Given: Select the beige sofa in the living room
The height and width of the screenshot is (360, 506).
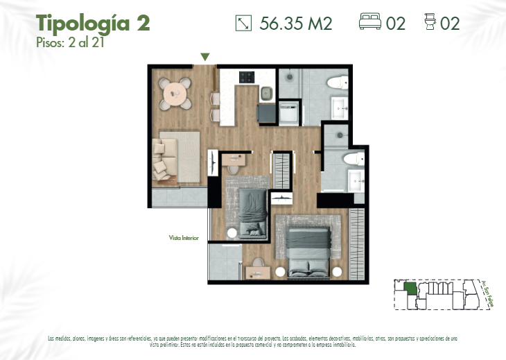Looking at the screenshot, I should click(164, 156).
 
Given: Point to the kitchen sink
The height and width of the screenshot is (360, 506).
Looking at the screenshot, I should click(266, 92).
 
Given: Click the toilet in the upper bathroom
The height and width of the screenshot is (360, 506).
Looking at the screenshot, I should click(337, 83).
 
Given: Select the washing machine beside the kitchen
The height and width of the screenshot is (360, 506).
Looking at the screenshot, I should click(289, 112).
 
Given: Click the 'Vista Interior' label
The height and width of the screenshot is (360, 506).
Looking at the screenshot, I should click(184, 238).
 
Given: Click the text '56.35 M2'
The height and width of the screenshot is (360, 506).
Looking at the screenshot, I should click(296, 24).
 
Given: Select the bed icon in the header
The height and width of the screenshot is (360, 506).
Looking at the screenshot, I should click(370, 23).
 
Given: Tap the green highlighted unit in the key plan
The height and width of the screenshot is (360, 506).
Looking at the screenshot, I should click(410, 288).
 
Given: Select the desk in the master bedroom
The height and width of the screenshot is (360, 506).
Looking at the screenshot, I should click(258, 271).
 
